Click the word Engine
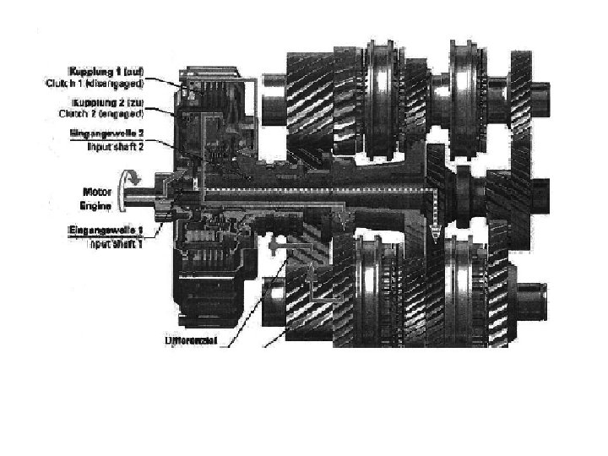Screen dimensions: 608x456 (x=95, y=204)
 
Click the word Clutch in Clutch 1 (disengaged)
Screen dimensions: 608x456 (x=60, y=83)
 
